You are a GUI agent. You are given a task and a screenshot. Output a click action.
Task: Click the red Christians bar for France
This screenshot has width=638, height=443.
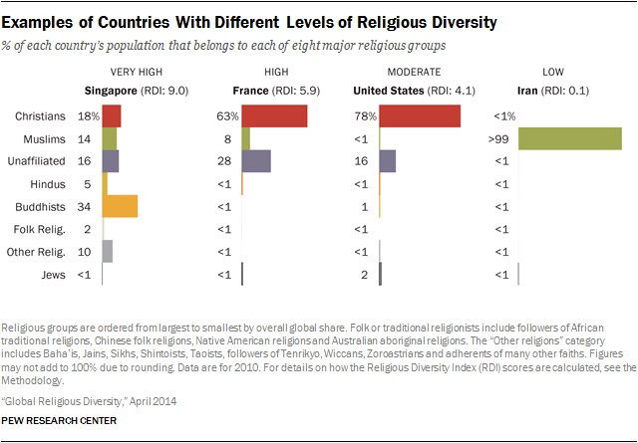point(273,115)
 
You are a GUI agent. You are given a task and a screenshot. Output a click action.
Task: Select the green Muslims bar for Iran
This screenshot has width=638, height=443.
point(570,138)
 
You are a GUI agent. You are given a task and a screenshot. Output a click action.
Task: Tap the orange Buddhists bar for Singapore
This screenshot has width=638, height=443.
point(120,206)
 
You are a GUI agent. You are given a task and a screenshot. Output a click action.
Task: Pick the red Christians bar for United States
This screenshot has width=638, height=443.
point(420,115)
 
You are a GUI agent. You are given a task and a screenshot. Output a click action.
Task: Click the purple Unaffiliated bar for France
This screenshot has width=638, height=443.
point(255,161)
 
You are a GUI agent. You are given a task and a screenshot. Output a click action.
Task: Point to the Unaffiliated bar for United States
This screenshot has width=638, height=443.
point(388,161)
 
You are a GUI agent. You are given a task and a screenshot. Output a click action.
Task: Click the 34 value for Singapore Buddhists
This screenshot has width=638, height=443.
point(84,206)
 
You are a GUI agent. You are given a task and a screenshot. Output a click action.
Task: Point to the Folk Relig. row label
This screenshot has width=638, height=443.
point(42,229)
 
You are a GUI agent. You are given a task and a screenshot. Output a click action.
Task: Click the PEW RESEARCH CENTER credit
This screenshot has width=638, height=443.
point(60,421)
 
